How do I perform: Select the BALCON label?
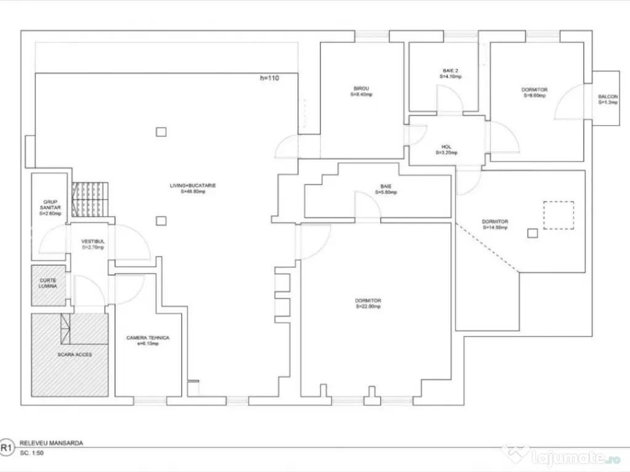(608, 100)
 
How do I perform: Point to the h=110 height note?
(270, 78)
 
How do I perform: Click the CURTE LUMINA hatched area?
(49, 285)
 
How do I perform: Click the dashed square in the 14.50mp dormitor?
(558, 215)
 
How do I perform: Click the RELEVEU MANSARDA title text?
(51, 442)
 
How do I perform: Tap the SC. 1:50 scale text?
(33, 453)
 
